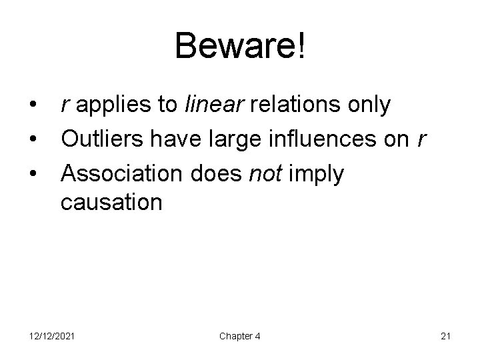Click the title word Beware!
coord(241,47)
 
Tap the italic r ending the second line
coord(420,140)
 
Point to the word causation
coord(111,202)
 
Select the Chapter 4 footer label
coord(240,336)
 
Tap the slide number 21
coord(446,336)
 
